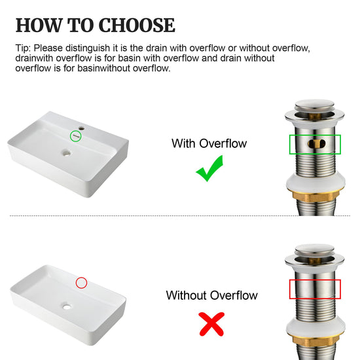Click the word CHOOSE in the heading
tap(137, 25)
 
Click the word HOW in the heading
tap(39, 25)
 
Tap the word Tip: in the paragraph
tap(23, 48)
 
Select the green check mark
tap(209, 168)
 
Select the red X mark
tap(211, 324)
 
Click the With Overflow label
tap(209, 143)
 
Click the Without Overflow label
tap(211, 295)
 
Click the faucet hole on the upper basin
tap(82, 128)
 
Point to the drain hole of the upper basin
tap(67, 153)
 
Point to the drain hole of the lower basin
tap(67, 306)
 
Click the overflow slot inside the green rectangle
tap(316, 144)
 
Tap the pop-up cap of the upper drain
tap(315, 105)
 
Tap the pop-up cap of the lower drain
tap(315, 250)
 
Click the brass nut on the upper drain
tap(315, 196)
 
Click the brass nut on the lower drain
tap(315, 340)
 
